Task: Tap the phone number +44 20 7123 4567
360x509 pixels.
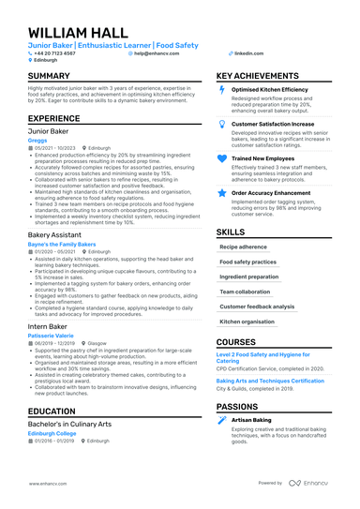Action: click(55, 53)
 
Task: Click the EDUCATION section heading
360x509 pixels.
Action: click(52, 411)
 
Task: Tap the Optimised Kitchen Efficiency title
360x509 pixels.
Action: click(269, 89)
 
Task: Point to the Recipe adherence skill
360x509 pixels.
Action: click(243, 247)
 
